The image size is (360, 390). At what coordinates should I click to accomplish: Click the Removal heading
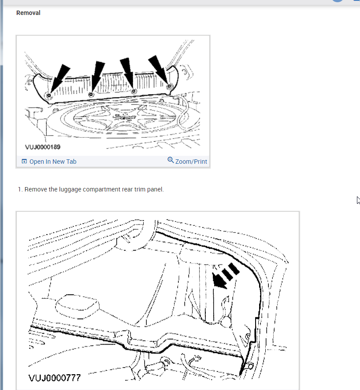coord(28,13)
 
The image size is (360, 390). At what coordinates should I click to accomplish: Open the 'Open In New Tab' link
coord(53,162)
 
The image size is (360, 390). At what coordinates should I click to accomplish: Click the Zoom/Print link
coord(191,162)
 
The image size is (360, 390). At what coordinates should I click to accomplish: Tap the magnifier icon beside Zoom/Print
coord(171,160)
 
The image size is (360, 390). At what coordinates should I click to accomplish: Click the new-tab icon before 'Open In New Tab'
coord(24,162)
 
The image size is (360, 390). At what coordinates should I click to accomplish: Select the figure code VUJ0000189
coord(43,147)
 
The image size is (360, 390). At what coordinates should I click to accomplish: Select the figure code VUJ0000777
coord(55,378)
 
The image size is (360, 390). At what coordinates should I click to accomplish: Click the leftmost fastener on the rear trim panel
coord(49,96)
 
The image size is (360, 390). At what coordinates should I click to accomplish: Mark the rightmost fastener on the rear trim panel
coord(170,87)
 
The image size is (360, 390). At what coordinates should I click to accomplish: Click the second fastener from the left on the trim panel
coord(91,95)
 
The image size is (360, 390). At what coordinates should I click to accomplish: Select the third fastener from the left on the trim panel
coord(134,91)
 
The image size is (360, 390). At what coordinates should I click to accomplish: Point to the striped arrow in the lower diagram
coord(225,276)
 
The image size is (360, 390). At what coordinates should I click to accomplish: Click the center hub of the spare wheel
coord(124,117)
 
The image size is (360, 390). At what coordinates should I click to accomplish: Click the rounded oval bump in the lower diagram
coord(77,306)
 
